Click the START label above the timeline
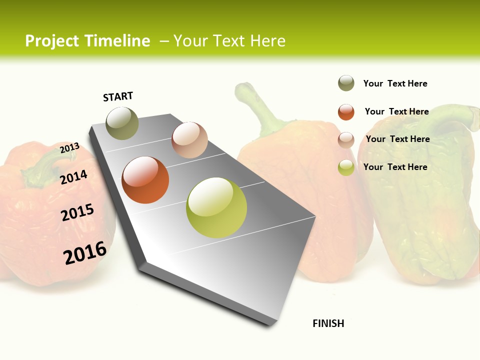[x=118, y=96]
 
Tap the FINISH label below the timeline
[x=328, y=323]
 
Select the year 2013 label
[x=69, y=148]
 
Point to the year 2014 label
[x=73, y=177]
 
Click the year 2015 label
[x=77, y=212]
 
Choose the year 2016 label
[x=85, y=253]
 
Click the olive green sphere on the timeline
[x=122, y=123]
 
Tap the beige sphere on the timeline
[x=189, y=140]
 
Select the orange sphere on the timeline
[x=145, y=180]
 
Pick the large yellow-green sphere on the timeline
[x=216, y=207]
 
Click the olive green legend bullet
[x=346, y=83]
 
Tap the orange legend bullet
[x=346, y=112]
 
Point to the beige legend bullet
[x=346, y=140]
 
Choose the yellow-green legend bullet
[x=346, y=167]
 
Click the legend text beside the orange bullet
[x=396, y=111]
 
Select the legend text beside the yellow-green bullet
[x=395, y=167]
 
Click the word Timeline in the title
[x=117, y=41]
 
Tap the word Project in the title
[x=52, y=41]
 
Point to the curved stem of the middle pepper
[x=257, y=107]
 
